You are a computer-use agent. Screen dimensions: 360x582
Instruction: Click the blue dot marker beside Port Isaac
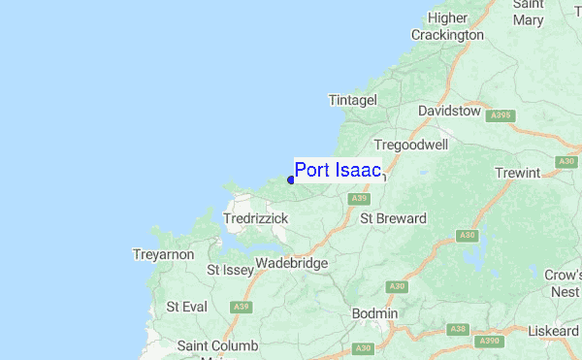[291, 179]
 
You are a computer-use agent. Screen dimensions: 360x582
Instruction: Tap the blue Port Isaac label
[338, 171]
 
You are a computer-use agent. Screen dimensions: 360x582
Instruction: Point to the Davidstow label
[449, 112]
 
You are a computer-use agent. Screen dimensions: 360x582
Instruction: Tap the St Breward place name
[393, 218]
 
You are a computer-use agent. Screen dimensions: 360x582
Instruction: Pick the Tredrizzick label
[256, 219]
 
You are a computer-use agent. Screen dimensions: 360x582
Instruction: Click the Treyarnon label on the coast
[163, 254]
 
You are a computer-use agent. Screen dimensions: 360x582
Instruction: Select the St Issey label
[229, 270]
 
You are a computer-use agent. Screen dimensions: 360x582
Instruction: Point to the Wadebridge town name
[293, 263]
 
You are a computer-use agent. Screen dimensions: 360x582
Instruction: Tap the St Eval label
[186, 307]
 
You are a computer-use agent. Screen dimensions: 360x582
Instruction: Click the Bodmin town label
[374, 313]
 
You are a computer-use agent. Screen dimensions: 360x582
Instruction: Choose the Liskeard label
[554, 331]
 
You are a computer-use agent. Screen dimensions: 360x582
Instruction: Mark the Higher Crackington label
[446, 25]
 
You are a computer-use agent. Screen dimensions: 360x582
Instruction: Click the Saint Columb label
[217, 346]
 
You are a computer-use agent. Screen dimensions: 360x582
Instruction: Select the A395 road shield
[500, 115]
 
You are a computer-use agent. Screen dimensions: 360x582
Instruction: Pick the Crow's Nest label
[562, 283]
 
